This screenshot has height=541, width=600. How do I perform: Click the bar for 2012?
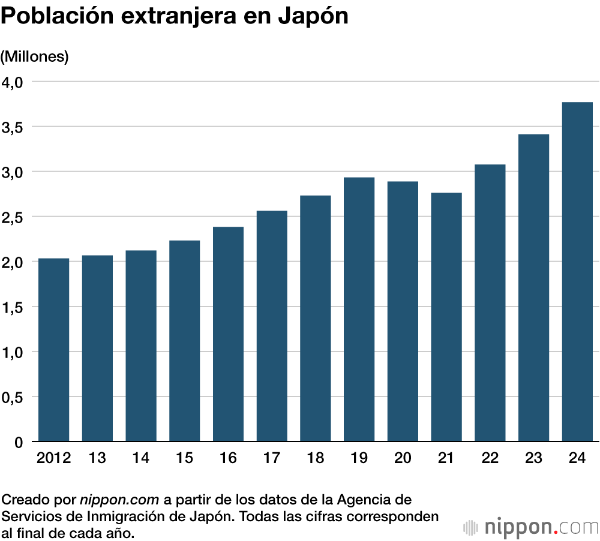tap(53, 350)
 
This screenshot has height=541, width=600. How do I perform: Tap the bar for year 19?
tap(359, 309)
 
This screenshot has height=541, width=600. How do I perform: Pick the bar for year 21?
tap(446, 317)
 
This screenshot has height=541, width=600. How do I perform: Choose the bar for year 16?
tap(228, 334)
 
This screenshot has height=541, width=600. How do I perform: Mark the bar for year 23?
tap(533, 288)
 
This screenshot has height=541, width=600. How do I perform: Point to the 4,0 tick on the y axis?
tap(13, 82)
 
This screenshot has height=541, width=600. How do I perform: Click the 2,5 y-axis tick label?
tap(13, 217)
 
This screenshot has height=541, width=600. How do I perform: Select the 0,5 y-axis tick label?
tap(13, 397)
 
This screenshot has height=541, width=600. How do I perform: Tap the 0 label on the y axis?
tap(19, 443)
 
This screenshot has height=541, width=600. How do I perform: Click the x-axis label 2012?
tap(53, 459)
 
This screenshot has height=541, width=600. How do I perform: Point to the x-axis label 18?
tap(315, 459)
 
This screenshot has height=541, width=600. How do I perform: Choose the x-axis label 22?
tap(490, 459)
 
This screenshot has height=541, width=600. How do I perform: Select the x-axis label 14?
tap(140, 459)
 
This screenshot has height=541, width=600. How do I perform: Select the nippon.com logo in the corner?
tap(531, 527)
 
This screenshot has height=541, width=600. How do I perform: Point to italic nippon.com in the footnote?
tap(119, 500)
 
